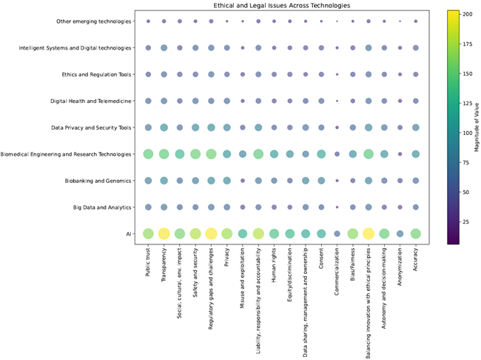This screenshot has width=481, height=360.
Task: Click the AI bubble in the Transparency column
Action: point(164,233)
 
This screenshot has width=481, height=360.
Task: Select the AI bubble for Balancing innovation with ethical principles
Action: point(369,233)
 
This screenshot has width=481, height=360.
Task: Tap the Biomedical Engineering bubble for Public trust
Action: point(148,154)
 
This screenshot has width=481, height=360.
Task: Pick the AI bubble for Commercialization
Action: point(337,233)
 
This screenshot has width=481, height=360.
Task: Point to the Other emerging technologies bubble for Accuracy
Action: point(416,21)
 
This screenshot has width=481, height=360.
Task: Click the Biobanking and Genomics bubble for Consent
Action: point(321,181)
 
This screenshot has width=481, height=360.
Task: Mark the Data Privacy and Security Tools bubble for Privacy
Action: point(226,127)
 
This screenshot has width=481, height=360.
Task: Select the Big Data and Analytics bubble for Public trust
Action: point(148,207)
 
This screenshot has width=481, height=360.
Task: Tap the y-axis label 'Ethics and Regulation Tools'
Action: point(92,75)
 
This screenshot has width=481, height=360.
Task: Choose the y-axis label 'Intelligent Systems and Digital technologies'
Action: point(75,48)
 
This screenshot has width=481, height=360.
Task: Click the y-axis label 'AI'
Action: point(129,234)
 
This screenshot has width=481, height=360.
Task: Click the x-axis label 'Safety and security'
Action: point(195,274)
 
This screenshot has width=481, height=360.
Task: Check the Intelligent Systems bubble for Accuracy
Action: point(416,48)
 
